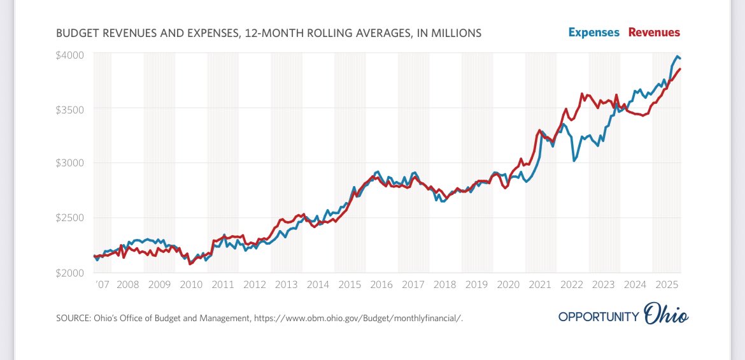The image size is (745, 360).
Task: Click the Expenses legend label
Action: click(x=593, y=32)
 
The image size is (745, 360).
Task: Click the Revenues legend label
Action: click(x=654, y=32)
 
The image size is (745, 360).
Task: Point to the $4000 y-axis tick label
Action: click(x=70, y=55)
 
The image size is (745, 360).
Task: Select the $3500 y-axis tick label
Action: click(x=70, y=109)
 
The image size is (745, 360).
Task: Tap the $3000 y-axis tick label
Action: click(x=70, y=163)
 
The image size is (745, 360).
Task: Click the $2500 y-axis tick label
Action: click(x=70, y=218)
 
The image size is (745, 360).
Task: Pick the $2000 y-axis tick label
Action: click(x=70, y=272)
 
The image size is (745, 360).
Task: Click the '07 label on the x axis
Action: click(x=101, y=285)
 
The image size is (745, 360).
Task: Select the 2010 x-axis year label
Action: click(x=191, y=285)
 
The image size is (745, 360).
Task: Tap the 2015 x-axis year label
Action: click(x=350, y=285)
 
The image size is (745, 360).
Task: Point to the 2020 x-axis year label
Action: click(x=508, y=285)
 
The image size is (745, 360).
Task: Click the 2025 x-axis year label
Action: click(x=666, y=285)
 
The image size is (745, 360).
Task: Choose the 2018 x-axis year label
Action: click(x=444, y=285)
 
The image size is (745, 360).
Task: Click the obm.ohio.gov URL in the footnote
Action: click(x=364, y=317)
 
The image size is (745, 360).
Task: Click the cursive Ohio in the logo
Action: click(x=666, y=315)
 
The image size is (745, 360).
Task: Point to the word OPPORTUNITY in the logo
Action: click(x=598, y=317)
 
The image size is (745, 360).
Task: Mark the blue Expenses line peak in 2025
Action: click(x=677, y=56)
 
